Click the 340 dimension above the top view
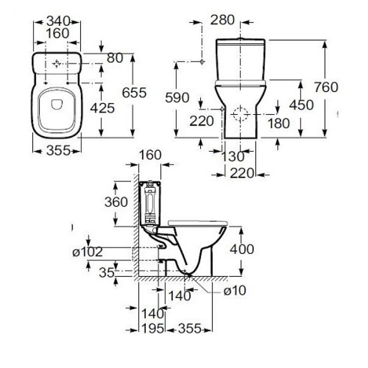(x=57, y=21)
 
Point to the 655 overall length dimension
(x=135, y=92)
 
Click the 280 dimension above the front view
(x=223, y=20)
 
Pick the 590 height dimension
(x=177, y=98)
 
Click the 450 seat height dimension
(x=302, y=105)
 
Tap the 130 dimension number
(x=233, y=156)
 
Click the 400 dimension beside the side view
(x=241, y=249)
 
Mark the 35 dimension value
(x=107, y=273)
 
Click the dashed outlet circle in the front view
(x=240, y=113)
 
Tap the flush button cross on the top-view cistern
(x=57, y=63)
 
